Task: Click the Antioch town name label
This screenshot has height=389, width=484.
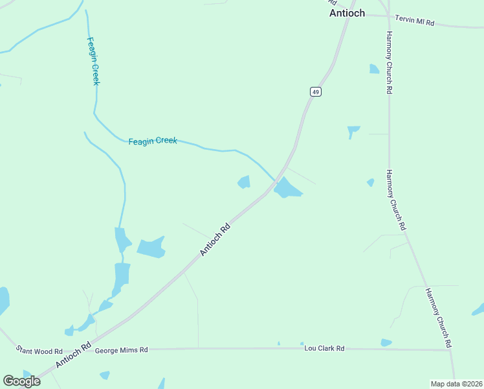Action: [347, 13]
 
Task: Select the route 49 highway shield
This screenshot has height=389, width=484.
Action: [315, 92]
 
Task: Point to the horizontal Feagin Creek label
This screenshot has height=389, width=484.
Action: [153, 141]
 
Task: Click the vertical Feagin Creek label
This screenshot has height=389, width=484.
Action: [93, 60]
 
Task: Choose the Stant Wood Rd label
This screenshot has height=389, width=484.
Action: [39, 351]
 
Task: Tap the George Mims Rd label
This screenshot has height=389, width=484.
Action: [121, 350]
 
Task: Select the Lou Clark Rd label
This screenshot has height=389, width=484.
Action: [324, 348]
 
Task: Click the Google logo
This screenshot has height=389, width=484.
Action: [21, 381]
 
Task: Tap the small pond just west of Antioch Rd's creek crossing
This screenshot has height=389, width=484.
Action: [244, 182]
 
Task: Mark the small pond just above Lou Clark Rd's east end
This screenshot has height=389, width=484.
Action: [386, 342]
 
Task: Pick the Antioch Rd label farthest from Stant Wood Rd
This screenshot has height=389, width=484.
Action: [215, 240]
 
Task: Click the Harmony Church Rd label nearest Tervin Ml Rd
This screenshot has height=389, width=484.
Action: [390, 63]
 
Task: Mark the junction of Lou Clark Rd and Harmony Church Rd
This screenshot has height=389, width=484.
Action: [449, 350]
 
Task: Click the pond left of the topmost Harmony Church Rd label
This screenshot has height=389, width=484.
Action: [374, 69]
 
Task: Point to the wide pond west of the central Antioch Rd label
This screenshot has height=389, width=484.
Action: [151, 247]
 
